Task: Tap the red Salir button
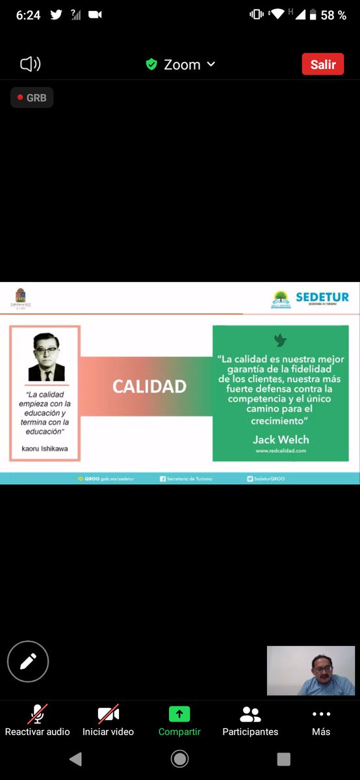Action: [323, 64]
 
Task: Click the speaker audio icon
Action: [30, 64]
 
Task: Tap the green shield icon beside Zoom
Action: [151, 64]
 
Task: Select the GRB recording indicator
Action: [32, 97]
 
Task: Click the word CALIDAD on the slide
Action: [149, 386]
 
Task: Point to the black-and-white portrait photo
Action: [46, 357]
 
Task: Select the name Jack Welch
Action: [281, 439]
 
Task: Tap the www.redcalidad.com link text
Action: [281, 450]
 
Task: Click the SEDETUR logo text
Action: [322, 297]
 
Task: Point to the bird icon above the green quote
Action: [280, 341]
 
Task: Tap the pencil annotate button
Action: [28, 662]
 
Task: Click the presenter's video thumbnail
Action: [311, 671]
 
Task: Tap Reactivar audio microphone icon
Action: [37, 714]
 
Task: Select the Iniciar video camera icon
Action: [108, 714]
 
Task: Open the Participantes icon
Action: [250, 714]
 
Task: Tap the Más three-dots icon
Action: [321, 714]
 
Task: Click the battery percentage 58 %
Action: [333, 15]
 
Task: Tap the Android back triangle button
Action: [76, 759]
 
